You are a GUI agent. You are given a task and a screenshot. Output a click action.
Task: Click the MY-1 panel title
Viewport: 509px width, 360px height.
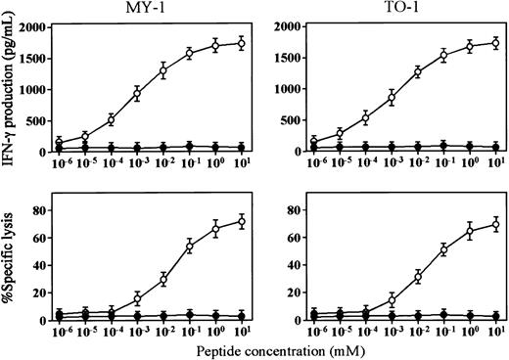click(x=162, y=9)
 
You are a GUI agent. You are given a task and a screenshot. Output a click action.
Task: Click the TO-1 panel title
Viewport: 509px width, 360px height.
click(x=414, y=9)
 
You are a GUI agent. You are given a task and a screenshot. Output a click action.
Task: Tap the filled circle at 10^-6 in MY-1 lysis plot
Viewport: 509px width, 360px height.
click(x=60, y=315)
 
